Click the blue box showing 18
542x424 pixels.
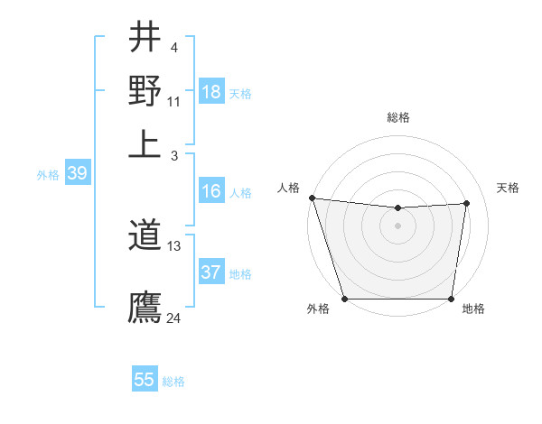pos(211,92)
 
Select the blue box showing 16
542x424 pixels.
pos(211,191)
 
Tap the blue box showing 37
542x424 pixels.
pos(211,272)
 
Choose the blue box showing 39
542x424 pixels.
pos(77,174)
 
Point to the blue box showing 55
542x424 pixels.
pos(145,380)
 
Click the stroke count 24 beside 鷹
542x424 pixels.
pos(174,318)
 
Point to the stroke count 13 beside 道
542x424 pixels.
pos(174,245)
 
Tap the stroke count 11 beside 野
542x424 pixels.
pos(174,101)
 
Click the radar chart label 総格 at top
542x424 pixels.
pos(398,117)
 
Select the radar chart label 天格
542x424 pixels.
pos(509,188)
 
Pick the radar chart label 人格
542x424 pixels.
pos(289,188)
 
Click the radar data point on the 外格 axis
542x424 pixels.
pos(345,299)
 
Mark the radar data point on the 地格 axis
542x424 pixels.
pos(452,299)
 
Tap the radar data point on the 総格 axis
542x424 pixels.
pos(398,208)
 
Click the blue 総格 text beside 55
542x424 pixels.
pos(173,382)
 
